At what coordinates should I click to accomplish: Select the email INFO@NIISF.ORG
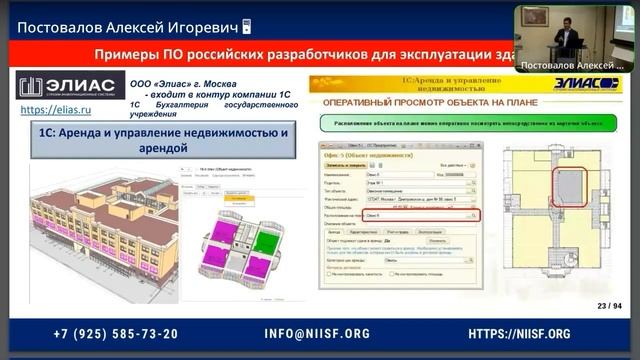coord(317,334)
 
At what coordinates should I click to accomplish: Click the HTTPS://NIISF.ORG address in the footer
coord(519,334)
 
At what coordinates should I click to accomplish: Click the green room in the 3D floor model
coord(265,241)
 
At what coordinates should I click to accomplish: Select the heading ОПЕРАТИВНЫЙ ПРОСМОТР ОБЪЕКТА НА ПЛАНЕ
coord(425,102)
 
